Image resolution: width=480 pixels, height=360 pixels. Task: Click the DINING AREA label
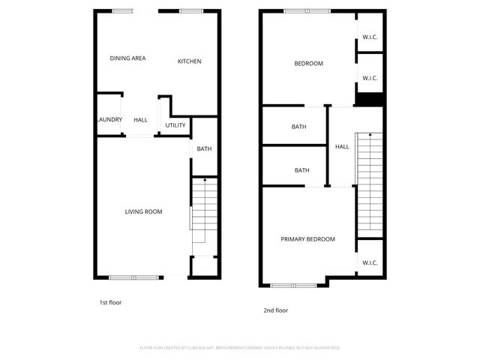click(x=127, y=58)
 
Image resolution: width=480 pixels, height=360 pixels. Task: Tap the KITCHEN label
click(x=189, y=61)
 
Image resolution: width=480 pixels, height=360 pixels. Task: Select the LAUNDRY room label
click(x=109, y=119)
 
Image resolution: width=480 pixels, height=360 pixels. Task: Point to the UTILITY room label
click(x=175, y=125)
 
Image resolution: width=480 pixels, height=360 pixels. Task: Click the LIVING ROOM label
click(x=143, y=211)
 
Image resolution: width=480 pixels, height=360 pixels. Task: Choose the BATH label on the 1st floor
click(x=204, y=148)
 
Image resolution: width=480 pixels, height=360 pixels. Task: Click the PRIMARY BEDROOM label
click(x=307, y=239)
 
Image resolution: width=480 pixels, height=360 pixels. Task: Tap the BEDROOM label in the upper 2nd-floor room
click(x=308, y=64)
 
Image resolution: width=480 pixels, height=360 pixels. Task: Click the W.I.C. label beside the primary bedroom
click(x=370, y=262)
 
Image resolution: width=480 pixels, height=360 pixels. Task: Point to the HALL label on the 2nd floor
click(x=342, y=147)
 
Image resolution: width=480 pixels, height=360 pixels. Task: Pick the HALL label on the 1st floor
click(x=140, y=120)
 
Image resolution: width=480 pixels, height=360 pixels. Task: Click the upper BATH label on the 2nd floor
click(x=298, y=127)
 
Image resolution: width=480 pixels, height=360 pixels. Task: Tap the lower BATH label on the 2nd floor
click(x=301, y=170)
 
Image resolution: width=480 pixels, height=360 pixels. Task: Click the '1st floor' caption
click(x=110, y=302)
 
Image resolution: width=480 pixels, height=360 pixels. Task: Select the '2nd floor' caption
click(x=275, y=310)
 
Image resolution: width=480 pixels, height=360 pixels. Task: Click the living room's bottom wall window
click(x=134, y=277)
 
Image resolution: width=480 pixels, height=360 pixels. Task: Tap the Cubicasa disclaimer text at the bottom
click(x=240, y=348)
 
